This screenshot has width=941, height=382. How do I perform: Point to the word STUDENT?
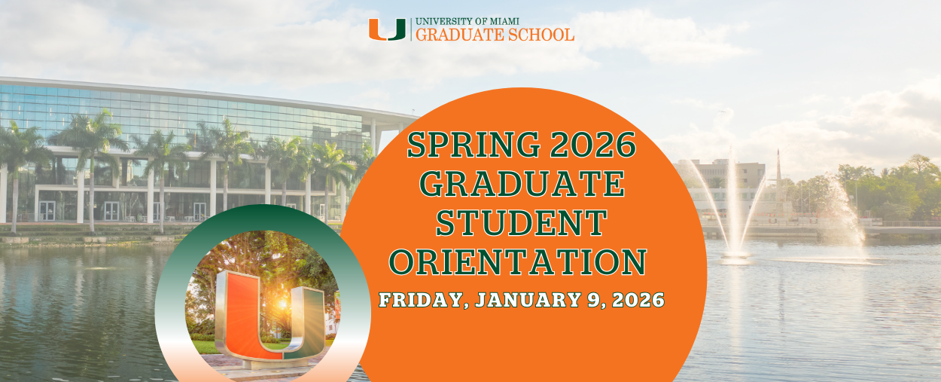pyautogui.click(x=522, y=223)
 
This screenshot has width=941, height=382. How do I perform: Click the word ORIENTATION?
pyautogui.click(x=520, y=261)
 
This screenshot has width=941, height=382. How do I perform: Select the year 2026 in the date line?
pyautogui.click(x=637, y=300)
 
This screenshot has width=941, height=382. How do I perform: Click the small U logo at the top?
pyautogui.click(x=387, y=29)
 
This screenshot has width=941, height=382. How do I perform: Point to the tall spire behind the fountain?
pyautogui.click(x=778, y=177)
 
